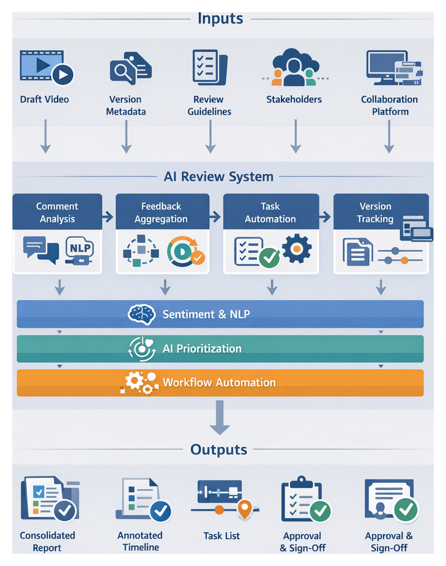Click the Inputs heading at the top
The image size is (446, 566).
pos(220,18)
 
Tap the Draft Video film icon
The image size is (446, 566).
pos(46,67)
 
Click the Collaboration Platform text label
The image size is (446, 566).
pos(389,105)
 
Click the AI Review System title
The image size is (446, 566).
pos(218,177)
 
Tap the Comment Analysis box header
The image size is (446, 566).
pos(57,213)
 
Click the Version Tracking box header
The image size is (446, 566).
pos(375,213)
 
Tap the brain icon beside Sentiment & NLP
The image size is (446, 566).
pos(143,314)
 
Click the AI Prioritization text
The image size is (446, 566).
pos(202,348)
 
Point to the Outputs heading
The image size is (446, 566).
pos(218,450)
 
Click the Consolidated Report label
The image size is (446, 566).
pos(47,542)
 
